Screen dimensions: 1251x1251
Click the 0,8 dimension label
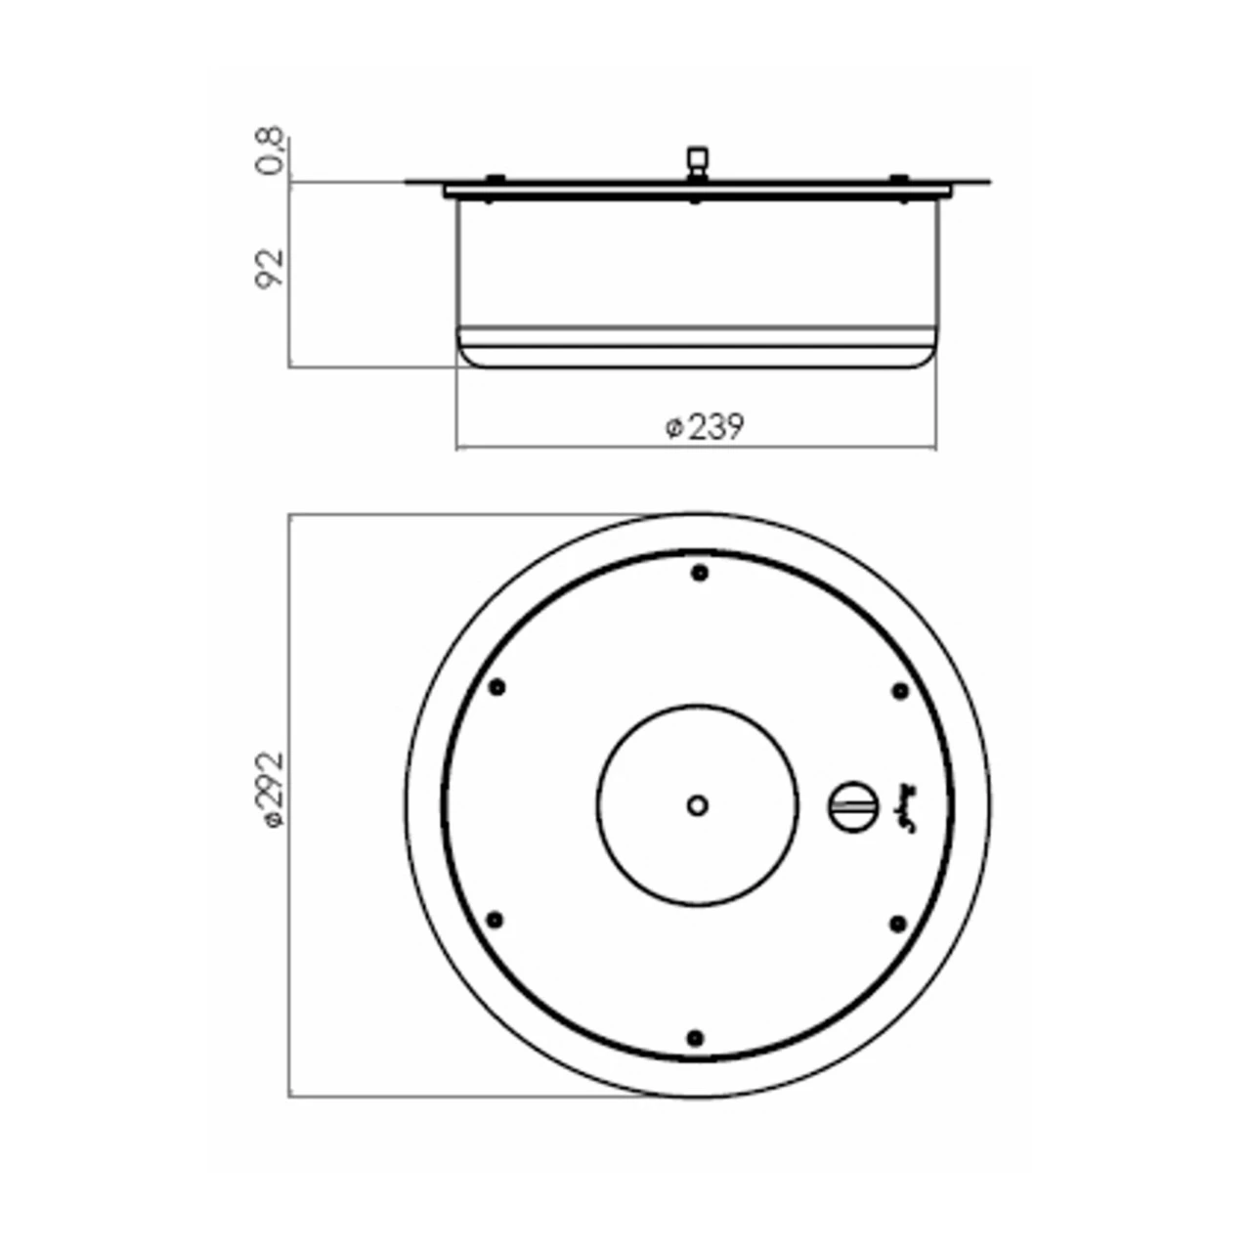(x=271, y=151)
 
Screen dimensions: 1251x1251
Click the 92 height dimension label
(x=271, y=268)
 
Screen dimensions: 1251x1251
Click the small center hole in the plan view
(x=697, y=806)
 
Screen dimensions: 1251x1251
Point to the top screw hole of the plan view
(x=699, y=573)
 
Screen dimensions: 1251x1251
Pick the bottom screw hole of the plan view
(x=695, y=1037)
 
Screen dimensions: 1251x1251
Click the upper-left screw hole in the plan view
(x=496, y=687)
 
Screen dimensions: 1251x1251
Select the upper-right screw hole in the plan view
(x=900, y=691)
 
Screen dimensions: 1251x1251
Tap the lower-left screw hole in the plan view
(x=495, y=920)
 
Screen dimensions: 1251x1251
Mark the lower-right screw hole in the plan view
(x=897, y=922)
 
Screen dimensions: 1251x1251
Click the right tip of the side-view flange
(x=988, y=182)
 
